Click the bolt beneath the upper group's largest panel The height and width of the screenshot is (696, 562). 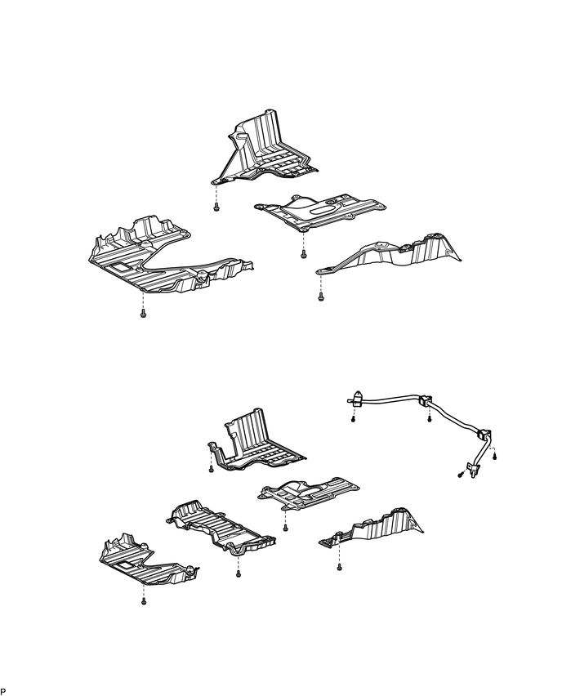point(143,315)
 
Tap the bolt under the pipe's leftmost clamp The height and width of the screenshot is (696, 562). point(353,419)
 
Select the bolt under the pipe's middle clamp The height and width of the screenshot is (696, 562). point(430,420)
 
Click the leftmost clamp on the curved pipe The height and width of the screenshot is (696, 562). point(355,400)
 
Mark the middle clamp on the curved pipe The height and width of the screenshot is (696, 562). point(426,401)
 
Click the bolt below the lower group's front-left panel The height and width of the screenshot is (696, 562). point(143,601)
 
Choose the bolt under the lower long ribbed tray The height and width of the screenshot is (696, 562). point(238,574)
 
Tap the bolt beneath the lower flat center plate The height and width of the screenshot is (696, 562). point(285,528)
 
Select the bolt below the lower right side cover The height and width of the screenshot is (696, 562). point(338,569)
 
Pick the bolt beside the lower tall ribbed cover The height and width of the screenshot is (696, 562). point(212,471)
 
